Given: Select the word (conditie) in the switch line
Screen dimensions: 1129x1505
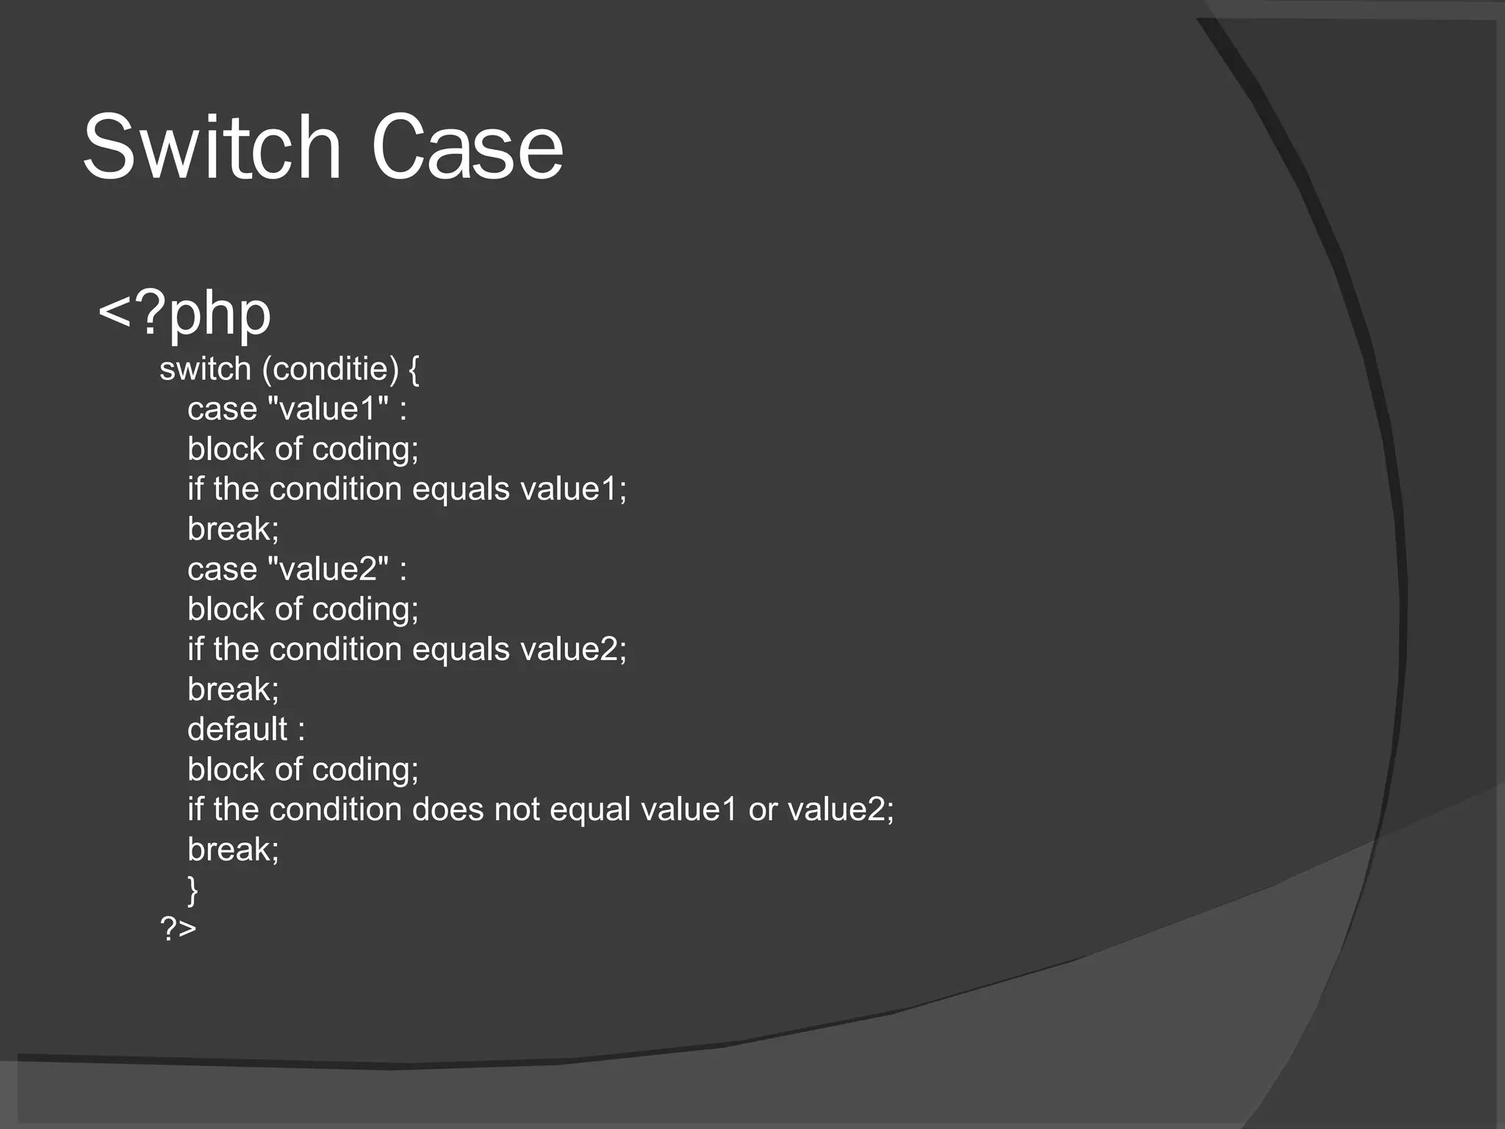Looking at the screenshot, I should point(330,369).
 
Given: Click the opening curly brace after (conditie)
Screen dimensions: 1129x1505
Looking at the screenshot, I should point(414,370).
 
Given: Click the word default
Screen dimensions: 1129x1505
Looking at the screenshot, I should point(237,729).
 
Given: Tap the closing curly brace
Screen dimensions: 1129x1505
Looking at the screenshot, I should point(193,890).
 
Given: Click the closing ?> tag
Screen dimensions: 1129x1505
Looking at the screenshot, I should point(178,929).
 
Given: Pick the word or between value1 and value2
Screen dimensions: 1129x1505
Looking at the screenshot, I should point(762,809).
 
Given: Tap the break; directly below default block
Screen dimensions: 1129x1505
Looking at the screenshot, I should point(233,850).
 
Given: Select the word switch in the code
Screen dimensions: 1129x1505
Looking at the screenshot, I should point(205,369).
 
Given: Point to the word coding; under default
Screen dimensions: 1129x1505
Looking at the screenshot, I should point(365,770).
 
